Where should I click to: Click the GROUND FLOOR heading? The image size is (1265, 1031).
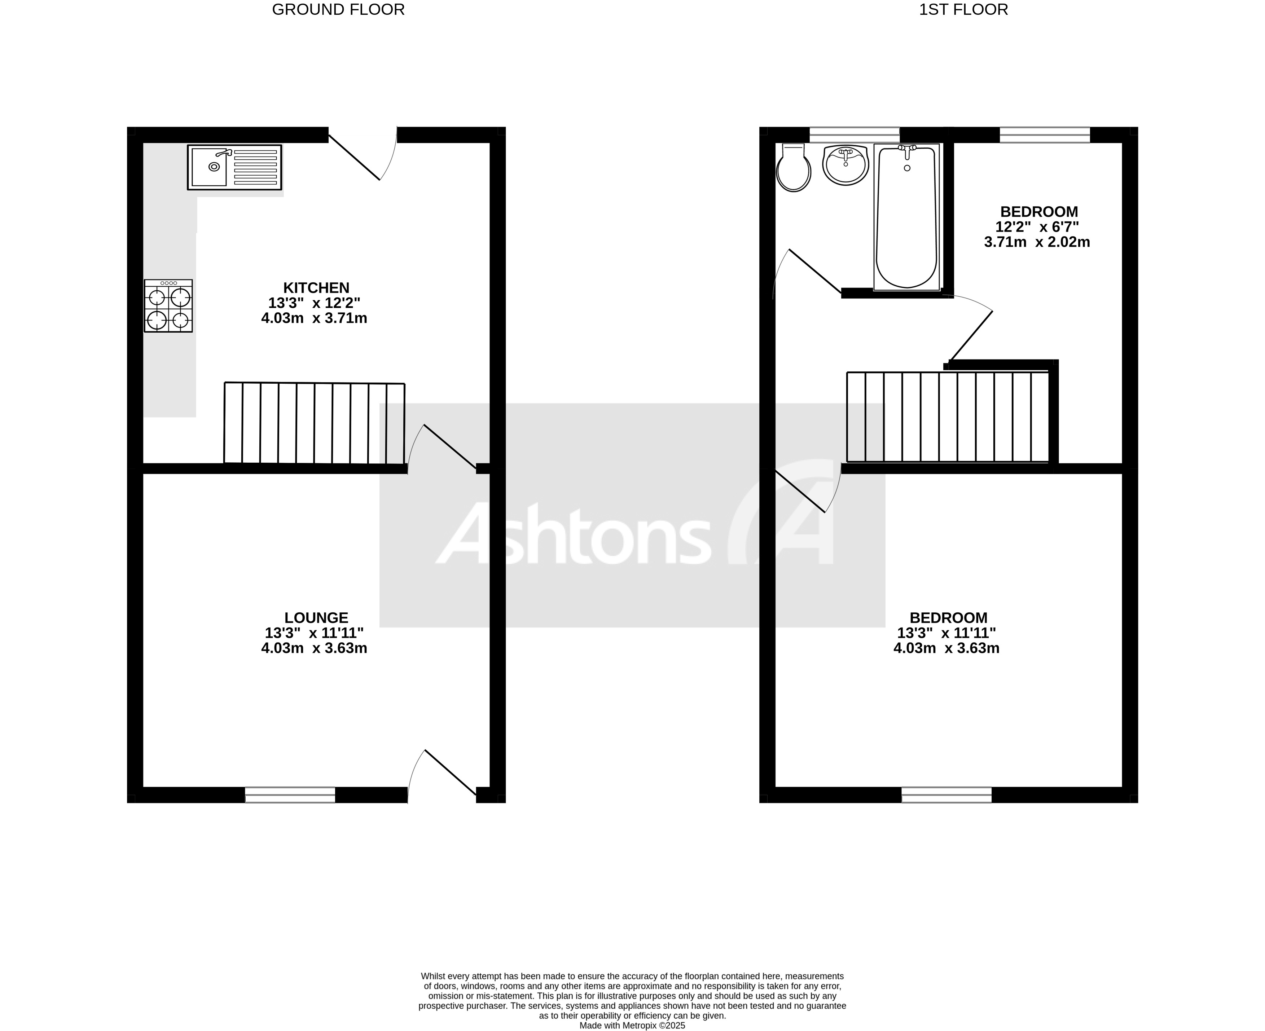point(338,9)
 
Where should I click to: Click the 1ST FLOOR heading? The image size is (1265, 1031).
point(963,9)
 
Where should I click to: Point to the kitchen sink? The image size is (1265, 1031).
point(234,167)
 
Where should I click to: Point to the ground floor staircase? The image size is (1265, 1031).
point(314,423)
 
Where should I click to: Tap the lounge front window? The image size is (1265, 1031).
point(290,795)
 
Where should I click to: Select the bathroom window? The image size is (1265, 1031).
point(855,135)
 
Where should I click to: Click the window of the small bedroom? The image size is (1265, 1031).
point(1045,135)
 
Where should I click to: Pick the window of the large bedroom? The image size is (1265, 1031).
point(946,795)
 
